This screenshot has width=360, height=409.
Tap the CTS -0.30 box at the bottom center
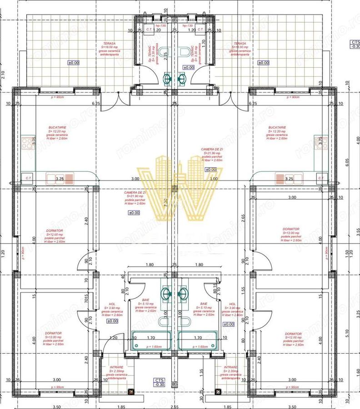(159, 382)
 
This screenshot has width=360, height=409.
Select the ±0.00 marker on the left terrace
(73, 63)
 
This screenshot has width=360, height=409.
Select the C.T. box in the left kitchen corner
(28, 178)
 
